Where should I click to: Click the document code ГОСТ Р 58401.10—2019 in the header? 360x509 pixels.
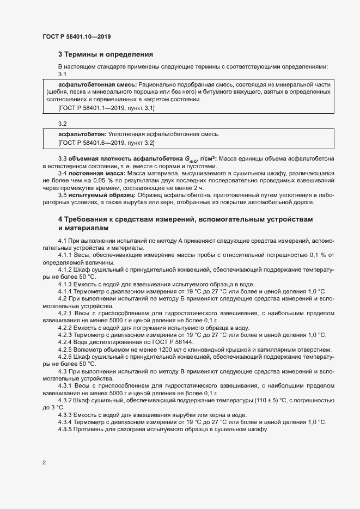point(77,37)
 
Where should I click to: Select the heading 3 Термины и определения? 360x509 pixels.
point(106,54)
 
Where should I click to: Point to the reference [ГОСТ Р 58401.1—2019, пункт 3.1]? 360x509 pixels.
point(106,108)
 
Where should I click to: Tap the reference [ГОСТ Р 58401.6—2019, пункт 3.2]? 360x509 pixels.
point(106,143)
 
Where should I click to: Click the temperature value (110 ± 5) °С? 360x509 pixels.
point(274,400)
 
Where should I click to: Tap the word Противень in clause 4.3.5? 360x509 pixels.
point(91,429)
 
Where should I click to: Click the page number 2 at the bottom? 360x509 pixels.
point(44,463)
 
